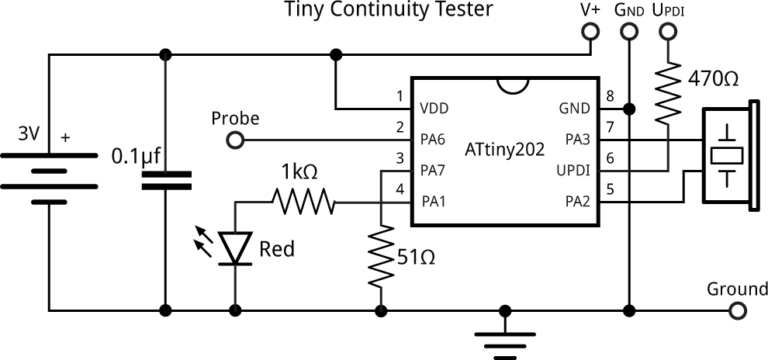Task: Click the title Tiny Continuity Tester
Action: coord(389,10)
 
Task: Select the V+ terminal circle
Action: coord(591,32)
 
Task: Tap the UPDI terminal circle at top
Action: coord(668,32)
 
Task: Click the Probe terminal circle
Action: coord(235,140)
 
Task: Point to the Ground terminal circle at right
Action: coord(738,311)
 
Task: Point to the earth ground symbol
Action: coord(505,336)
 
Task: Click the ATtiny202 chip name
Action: coord(504,147)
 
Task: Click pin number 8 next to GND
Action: coord(611,96)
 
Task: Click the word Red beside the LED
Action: coord(277,249)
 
